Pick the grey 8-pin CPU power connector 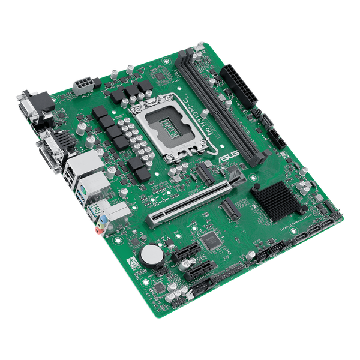[x=82, y=85]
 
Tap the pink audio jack [x=97, y=230]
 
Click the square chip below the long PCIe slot [x=210, y=241]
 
